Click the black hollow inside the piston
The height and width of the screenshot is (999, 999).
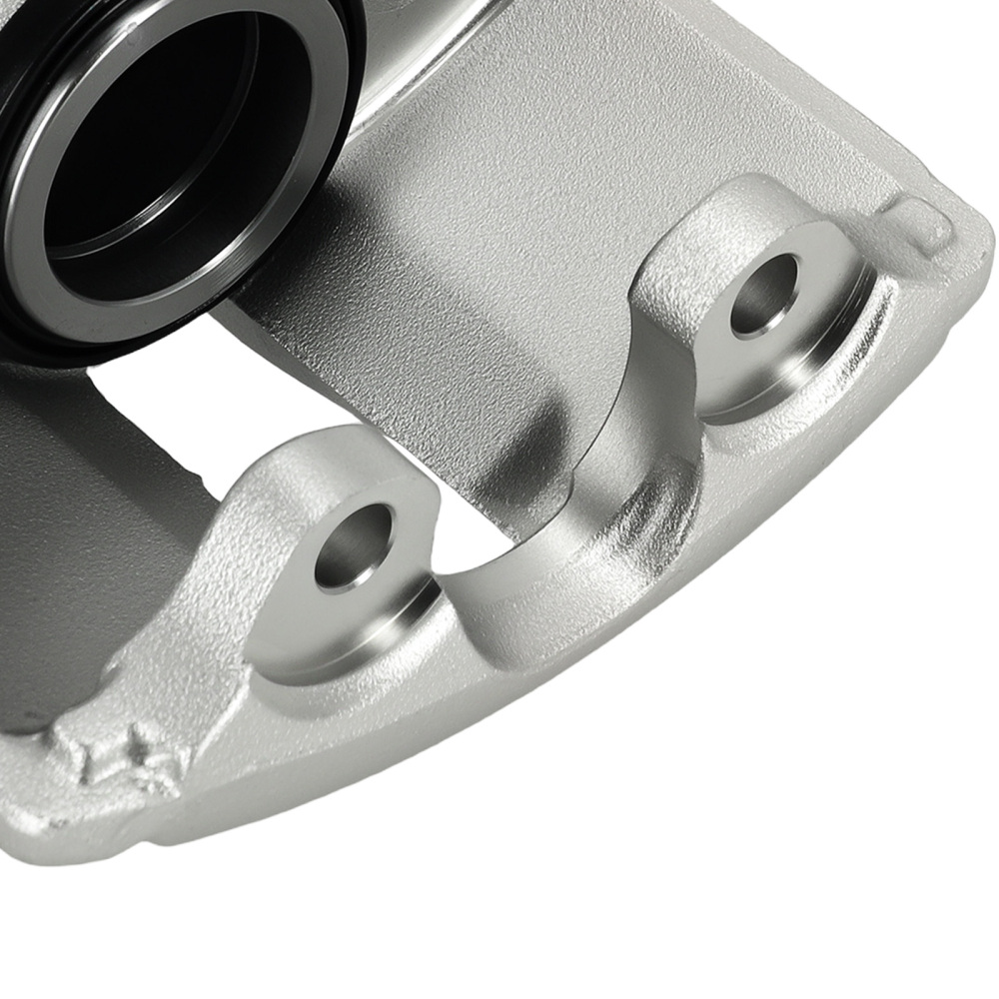click(x=150, y=140)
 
